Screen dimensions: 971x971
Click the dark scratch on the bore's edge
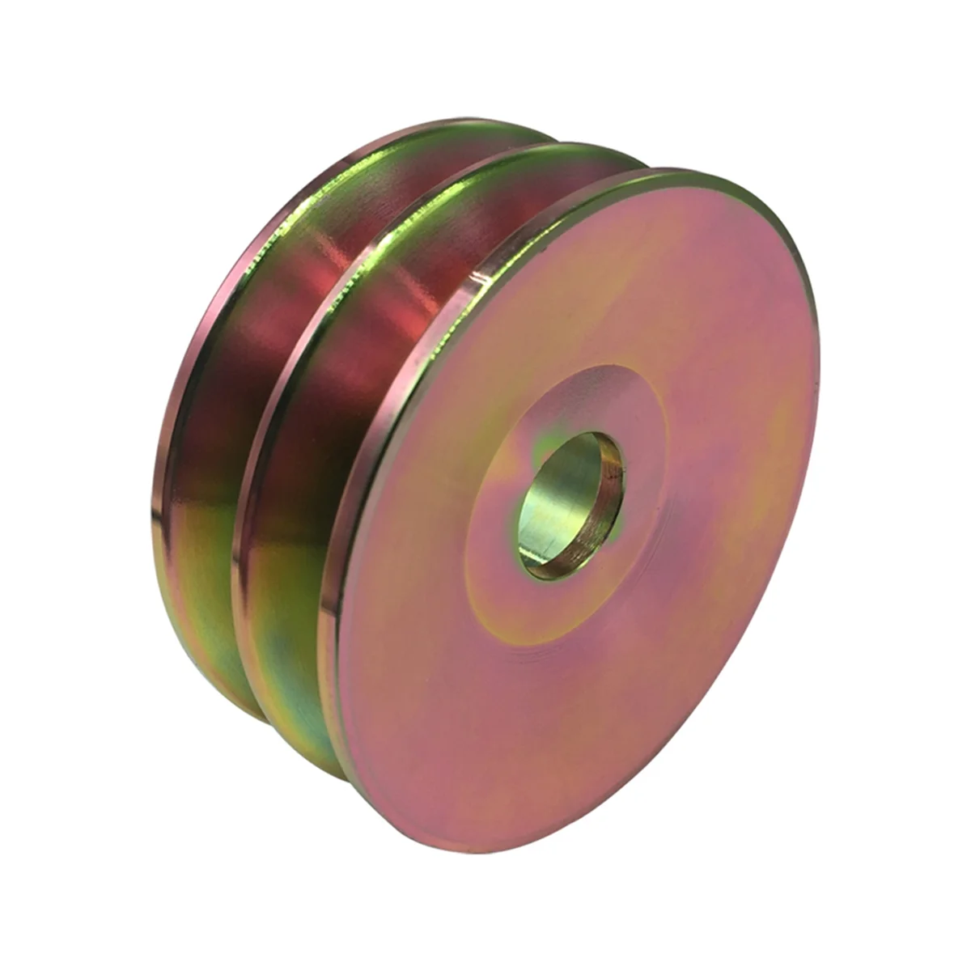619,469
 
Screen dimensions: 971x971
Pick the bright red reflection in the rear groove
243,324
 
